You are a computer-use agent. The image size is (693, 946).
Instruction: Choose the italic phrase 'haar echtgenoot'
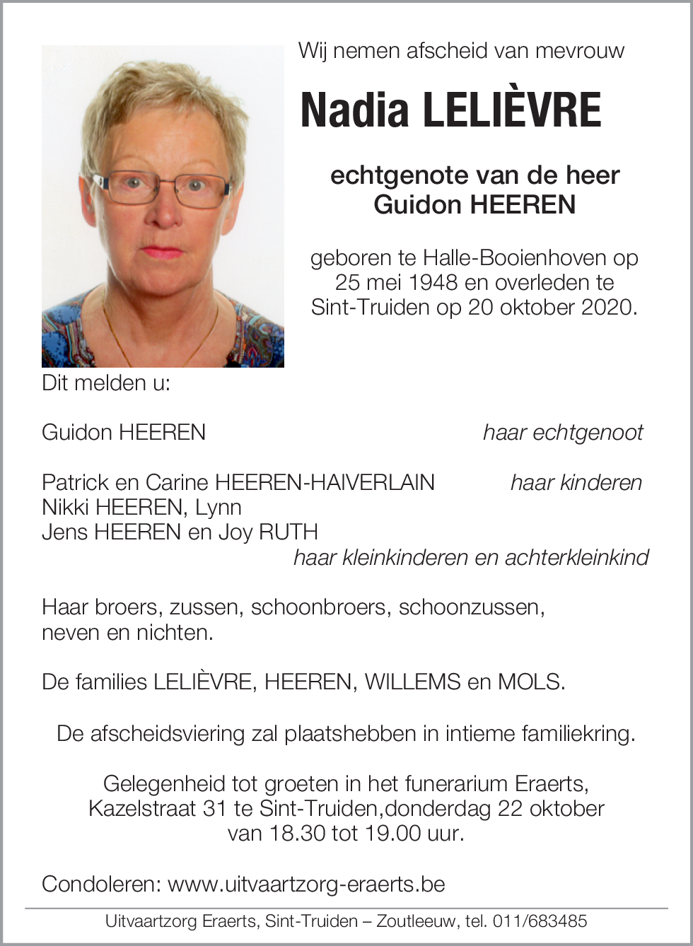(x=563, y=433)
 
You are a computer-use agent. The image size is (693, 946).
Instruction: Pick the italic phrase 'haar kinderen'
(x=576, y=483)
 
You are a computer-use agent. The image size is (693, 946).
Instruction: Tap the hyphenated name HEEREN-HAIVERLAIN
(x=325, y=483)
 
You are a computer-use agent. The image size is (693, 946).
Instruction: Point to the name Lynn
(x=219, y=508)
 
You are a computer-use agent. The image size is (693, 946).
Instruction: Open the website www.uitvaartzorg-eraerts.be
(x=306, y=884)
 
